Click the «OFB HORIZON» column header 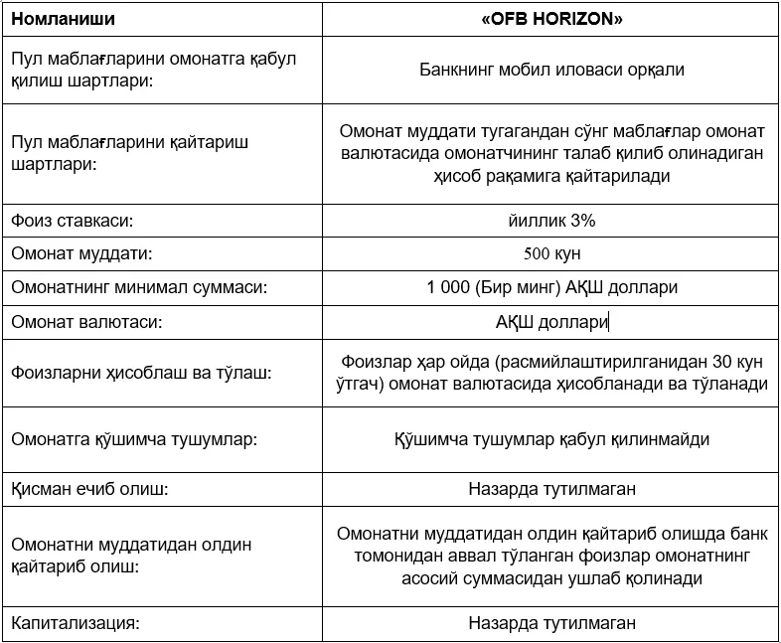pyautogui.click(x=551, y=18)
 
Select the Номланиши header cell pyautogui.click(x=63, y=18)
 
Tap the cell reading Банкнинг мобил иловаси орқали pyautogui.click(x=551, y=71)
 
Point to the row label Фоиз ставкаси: pyautogui.click(x=71, y=221)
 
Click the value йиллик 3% pyautogui.click(x=551, y=221)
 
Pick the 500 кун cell pyautogui.click(x=551, y=253)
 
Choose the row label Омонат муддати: pyautogui.click(x=81, y=253)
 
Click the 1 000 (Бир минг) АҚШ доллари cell pyautogui.click(x=551, y=287)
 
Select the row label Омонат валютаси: pyautogui.click(x=85, y=322)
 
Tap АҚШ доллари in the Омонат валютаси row pyautogui.click(x=551, y=322)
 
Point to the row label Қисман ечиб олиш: pyautogui.click(x=89, y=489)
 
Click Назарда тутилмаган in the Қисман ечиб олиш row pyautogui.click(x=551, y=489)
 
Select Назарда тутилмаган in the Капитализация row pyautogui.click(x=551, y=624)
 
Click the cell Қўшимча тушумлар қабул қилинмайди pyautogui.click(x=551, y=438)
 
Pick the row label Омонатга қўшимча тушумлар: pyautogui.click(x=126, y=438)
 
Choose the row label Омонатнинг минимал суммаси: pyautogui.click(x=140, y=287)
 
